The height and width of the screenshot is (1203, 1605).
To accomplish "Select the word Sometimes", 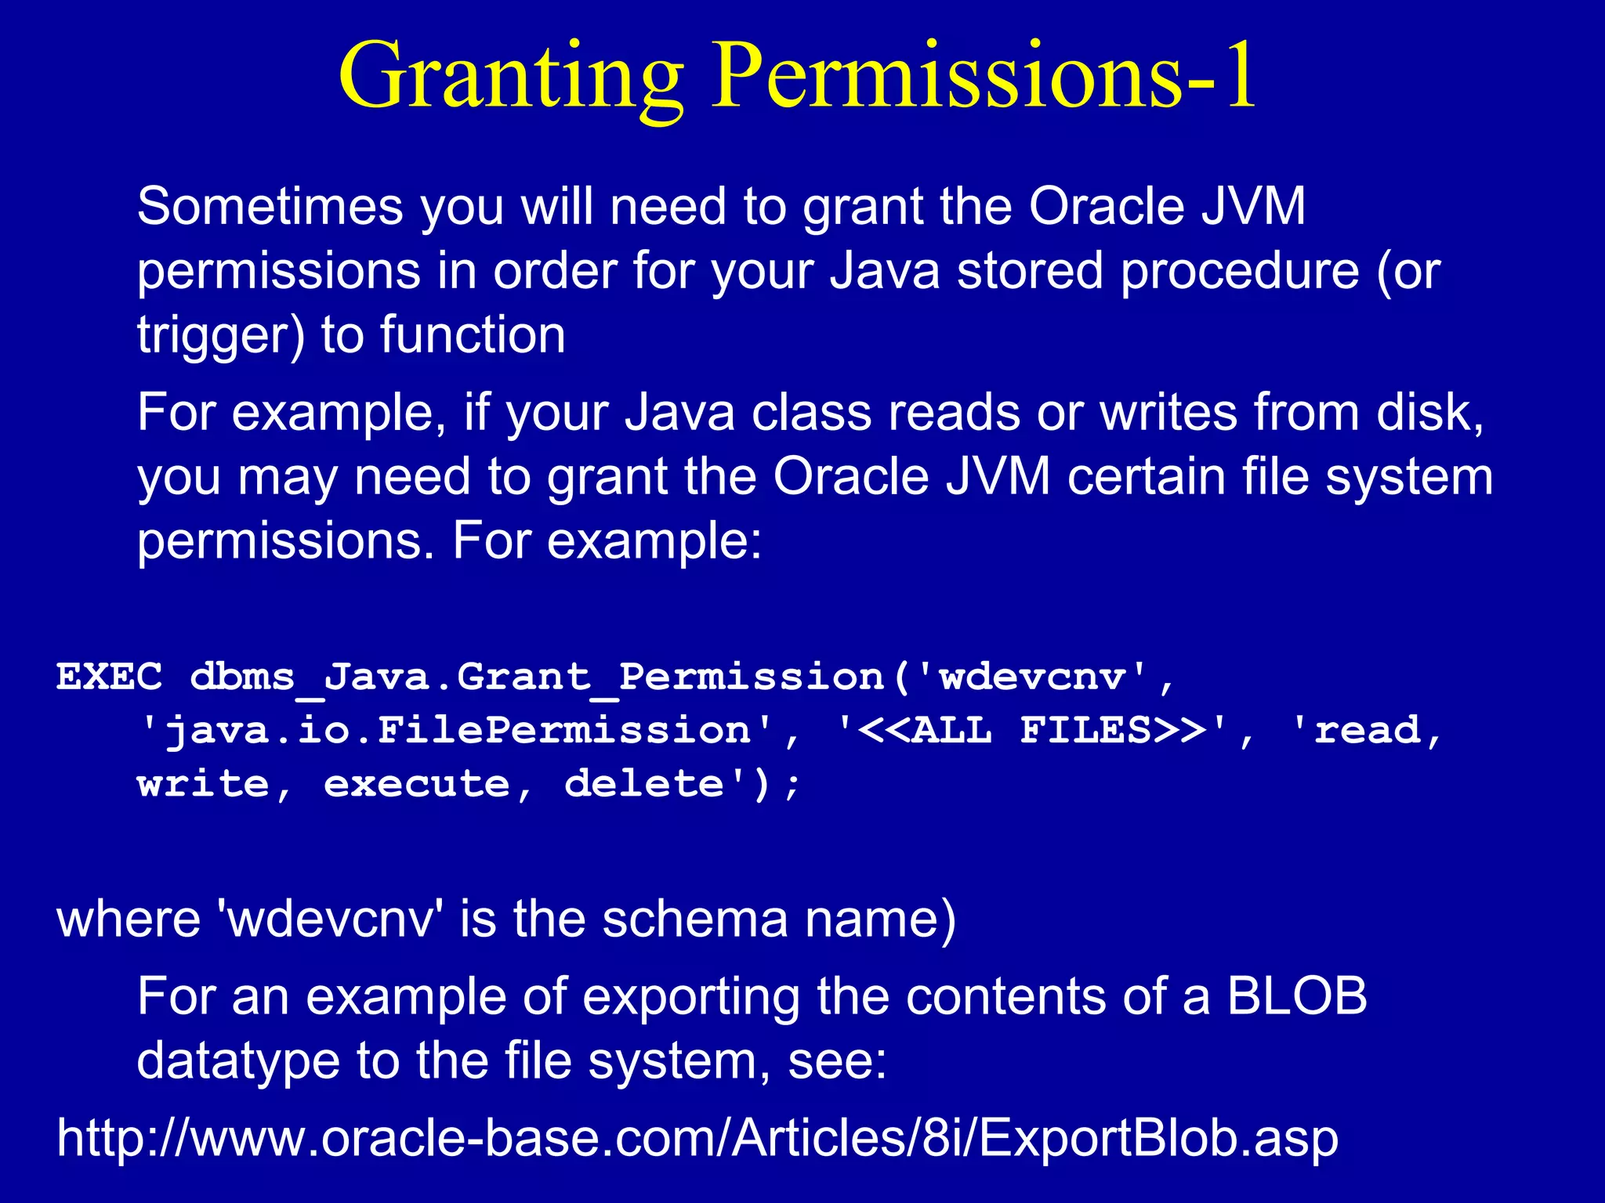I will tap(270, 207).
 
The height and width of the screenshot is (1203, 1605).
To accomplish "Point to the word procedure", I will tap(1240, 273).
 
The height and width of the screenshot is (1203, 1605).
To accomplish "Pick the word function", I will tap(473, 335).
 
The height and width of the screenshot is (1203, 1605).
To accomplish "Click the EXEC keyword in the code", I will tap(110, 677).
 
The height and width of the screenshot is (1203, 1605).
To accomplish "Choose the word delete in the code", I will tap(644, 784).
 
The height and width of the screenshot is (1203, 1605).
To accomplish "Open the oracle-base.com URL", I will tap(697, 1138).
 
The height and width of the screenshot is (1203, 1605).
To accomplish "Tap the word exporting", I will tap(691, 998).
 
